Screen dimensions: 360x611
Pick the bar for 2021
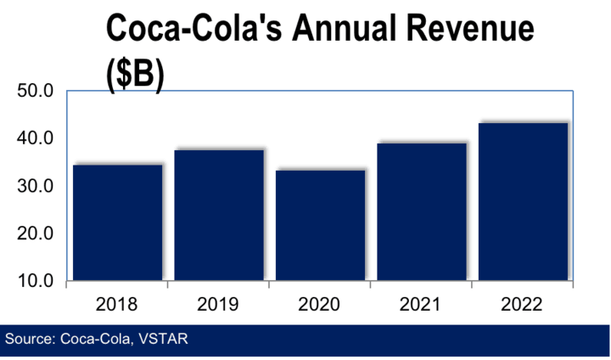pos(422,211)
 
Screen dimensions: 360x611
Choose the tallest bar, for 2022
pos(524,201)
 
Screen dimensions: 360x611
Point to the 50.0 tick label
pos(36,90)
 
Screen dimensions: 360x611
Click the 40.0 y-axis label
pos(36,138)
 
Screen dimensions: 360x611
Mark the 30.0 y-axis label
pos(36,185)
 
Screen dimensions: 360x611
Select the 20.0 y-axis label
pos(36,233)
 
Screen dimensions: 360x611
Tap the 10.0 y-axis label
pos(36,280)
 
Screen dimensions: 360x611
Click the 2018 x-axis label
pos(117,302)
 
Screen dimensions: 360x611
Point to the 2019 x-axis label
pos(219,302)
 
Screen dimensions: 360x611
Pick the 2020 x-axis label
pos(320,302)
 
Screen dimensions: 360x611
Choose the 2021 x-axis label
pos(422,302)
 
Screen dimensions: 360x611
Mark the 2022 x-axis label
pos(524,302)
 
